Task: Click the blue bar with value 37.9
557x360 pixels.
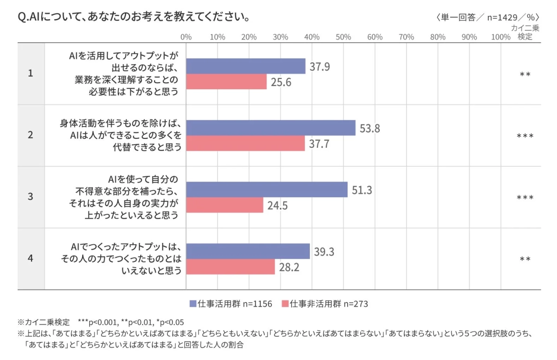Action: coord(246,66)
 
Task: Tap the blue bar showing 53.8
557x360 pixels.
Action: coord(271,128)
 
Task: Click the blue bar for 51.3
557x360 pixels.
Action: coord(266,190)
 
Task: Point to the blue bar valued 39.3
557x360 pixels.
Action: coord(248,251)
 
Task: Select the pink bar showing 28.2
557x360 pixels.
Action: coord(230,267)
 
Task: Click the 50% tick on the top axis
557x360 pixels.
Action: coord(343,37)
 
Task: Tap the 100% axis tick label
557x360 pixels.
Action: coord(500,37)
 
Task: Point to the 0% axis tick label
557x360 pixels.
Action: coord(186,37)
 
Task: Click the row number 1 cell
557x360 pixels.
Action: coord(31,73)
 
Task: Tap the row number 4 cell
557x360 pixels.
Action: coord(31,259)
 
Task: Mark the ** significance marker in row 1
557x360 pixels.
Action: coord(525,74)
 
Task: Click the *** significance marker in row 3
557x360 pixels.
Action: coord(525,198)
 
